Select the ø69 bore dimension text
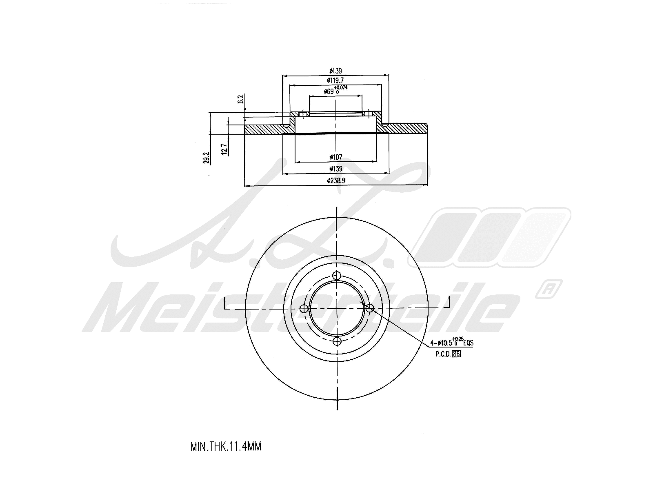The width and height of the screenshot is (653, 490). point(329,92)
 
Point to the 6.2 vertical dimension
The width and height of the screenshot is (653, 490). point(241,99)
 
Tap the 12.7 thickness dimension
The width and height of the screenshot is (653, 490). point(224,149)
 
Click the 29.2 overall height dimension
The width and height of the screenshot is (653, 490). point(207,158)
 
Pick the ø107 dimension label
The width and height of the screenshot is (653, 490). point(335,157)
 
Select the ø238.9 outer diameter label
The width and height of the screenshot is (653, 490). point(335,180)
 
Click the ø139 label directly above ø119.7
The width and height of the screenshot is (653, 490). point(335,71)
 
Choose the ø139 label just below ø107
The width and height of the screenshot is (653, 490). point(335,168)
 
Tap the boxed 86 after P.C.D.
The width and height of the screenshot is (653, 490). point(456,354)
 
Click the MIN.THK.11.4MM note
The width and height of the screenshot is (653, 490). point(226,446)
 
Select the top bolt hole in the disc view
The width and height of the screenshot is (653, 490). point(336,275)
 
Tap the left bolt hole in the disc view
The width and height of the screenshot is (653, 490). point(304,308)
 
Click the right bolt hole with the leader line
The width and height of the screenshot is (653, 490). point(369,308)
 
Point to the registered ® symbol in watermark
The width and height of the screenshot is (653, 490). point(550,288)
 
